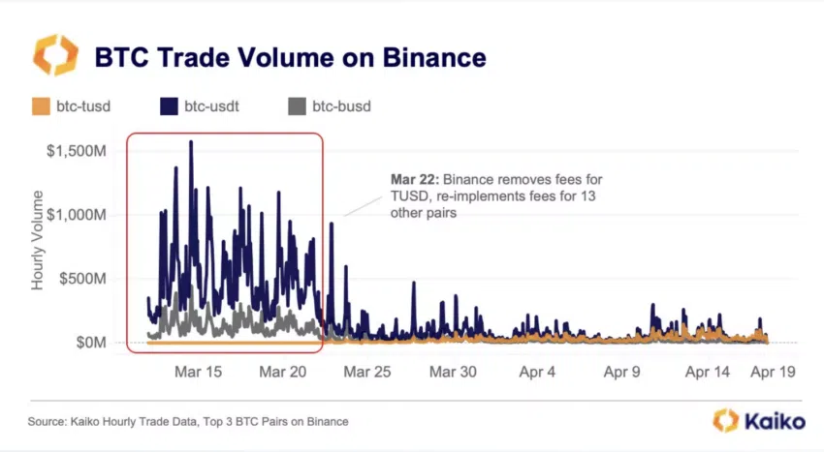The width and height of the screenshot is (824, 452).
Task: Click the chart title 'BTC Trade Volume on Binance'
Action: [290, 57]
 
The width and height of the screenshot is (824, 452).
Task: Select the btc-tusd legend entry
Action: [72, 106]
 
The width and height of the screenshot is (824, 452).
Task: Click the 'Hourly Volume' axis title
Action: [39, 247]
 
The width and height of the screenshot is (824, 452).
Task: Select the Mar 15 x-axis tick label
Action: [197, 372]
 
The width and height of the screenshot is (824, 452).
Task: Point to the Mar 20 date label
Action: [285, 372]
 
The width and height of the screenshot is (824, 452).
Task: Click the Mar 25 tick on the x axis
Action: [367, 372]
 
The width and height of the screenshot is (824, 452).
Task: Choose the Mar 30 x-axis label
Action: [453, 372]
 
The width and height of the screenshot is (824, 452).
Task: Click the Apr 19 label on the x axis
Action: [773, 372]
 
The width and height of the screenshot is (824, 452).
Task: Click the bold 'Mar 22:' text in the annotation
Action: [411, 180]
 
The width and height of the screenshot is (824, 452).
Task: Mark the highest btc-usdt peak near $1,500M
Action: [190, 142]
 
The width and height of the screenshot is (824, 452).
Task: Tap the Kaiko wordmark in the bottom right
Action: [771, 421]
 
